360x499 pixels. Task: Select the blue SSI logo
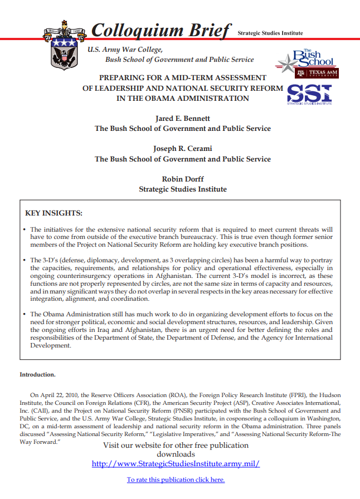point(309,94)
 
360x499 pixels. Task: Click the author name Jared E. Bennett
point(182,119)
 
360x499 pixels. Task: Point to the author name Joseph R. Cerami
point(182,149)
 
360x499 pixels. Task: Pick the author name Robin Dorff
point(182,179)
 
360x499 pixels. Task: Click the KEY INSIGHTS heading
point(54,213)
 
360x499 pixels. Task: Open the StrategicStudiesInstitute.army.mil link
point(176,463)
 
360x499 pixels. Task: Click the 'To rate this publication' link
point(176,480)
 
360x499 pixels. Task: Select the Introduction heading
point(37,375)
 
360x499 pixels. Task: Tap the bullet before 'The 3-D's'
point(25,261)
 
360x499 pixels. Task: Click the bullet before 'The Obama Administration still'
point(25,315)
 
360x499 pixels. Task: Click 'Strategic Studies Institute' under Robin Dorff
point(182,189)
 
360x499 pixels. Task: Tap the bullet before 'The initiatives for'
point(25,229)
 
